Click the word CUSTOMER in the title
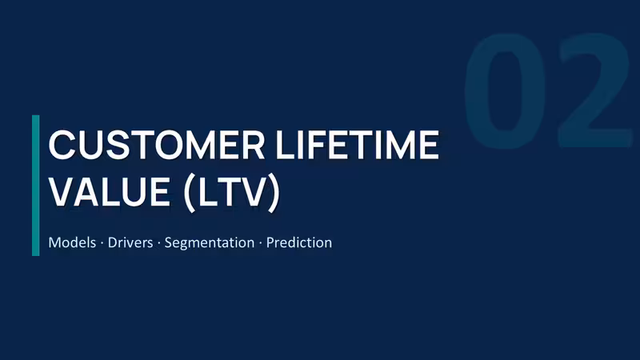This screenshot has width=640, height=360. pyautogui.click(x=157, y=145)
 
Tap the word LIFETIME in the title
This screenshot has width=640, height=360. pyautogui.click(x=358, y=145)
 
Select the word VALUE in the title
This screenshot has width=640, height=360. pyautogui.click(x=110, y=191)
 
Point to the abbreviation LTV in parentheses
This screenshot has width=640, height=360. pyautogui.click(x=232, y=191)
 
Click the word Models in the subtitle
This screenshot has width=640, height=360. pyautogui.click(x=72, y=242)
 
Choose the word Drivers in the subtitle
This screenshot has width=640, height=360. pyautogui.click(x=130, y=242)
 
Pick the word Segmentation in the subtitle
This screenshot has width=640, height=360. pyautogui.click(x=210, y=243)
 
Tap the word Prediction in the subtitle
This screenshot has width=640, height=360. pyautogui.click(x=299, y=242)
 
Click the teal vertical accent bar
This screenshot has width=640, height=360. pyautogui.click(x=36, y=186)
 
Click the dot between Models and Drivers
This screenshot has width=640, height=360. pyautogui.click(x=102, y=243)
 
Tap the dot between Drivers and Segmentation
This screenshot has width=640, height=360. pyautogui.click(x=158, y=243)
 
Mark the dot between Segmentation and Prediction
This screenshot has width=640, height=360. pyautogui.click(x=261, y=243)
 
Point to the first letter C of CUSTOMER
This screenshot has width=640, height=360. pyautogui.click(x=62, y=145)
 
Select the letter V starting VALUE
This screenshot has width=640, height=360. pyautogui.click(x=63, y=191)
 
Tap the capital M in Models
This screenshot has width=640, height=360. pyautogui.click(x=54, y=242)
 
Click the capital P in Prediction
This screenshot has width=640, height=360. pyautogui.click(x=270, y=242)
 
